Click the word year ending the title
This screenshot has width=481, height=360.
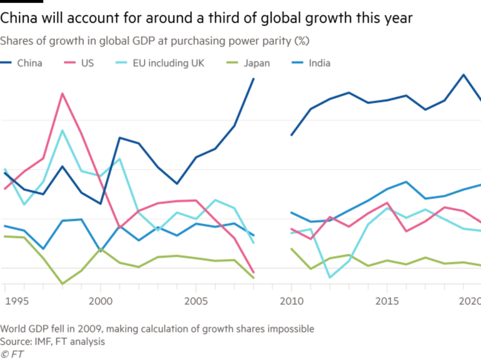(398, 19)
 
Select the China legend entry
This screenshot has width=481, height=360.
(23, 63)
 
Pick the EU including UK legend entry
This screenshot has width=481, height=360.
(156, 63)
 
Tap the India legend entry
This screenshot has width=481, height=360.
(313, 63)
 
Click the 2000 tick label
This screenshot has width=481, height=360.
(100, 302)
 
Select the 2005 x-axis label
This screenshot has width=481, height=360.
(195, 302)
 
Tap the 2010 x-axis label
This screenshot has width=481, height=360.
(291, 302)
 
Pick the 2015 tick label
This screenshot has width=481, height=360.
(386, 302)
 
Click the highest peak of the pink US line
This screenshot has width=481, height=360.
(62, 93)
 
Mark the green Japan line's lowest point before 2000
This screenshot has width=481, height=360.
(62, 283)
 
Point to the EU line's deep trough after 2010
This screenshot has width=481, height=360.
(329, 278)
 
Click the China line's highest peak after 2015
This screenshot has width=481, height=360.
(462, 75)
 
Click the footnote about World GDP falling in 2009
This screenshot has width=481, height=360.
(156, 328)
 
